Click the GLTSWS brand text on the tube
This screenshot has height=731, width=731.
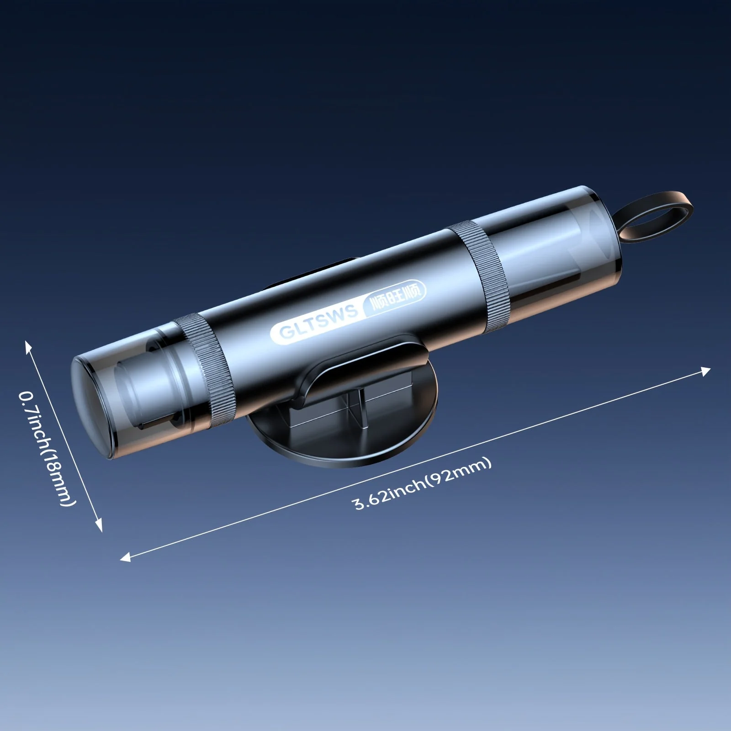point(318,322)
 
